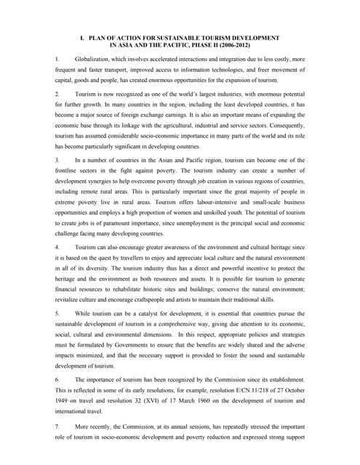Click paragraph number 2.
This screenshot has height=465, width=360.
coord(57,94)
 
